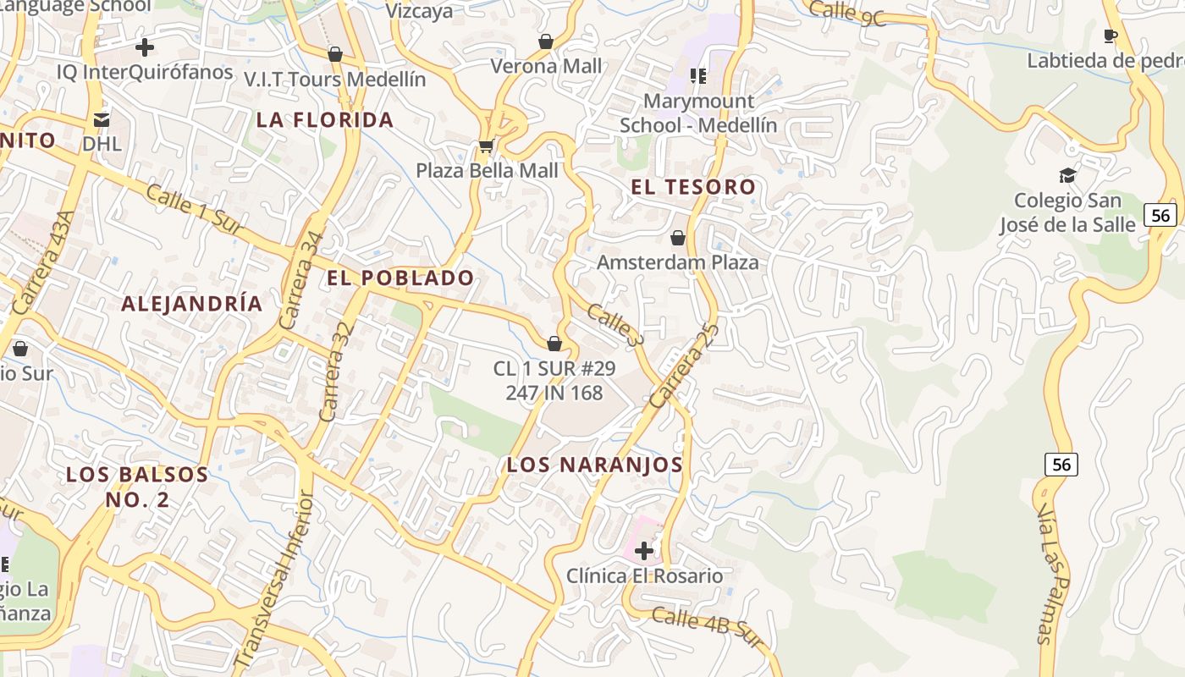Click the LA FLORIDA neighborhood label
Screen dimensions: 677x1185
325,119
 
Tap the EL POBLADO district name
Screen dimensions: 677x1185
401,278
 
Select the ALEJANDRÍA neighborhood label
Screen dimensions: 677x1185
192,304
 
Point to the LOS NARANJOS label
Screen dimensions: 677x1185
594,465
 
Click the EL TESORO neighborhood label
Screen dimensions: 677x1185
693,187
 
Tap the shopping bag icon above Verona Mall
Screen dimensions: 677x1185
546,41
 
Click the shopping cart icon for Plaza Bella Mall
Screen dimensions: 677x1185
486,146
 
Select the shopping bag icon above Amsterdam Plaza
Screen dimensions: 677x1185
677,238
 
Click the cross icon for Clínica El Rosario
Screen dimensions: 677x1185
644,551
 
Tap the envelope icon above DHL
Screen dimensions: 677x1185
102,119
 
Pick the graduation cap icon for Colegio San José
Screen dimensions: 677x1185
1067,175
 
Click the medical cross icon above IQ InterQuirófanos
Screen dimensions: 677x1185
145,47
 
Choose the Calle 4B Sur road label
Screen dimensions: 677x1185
708,627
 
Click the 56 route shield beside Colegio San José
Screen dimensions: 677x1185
1160,215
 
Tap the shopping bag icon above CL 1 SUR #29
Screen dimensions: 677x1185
554,344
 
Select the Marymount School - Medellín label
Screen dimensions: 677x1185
698,113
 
